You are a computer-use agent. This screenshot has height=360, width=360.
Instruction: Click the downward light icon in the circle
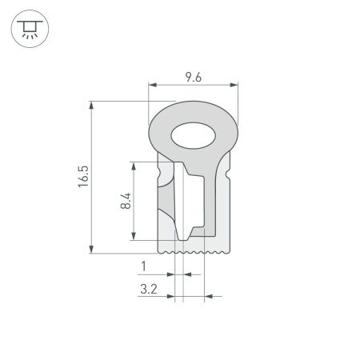tap(30, 30)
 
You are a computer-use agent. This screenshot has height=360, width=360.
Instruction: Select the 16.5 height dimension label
tap(82, 178)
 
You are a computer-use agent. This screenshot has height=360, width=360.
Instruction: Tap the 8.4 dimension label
tap(124, 200)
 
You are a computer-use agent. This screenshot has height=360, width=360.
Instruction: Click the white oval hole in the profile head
tap(194, 136)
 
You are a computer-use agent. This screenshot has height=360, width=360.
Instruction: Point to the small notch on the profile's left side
tap(159, 172)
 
